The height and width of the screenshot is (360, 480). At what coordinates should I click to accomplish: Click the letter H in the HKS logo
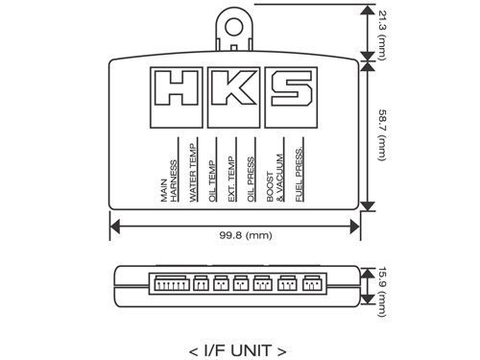[x=176, y=88]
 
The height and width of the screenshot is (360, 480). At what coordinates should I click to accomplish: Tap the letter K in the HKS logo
[x=233, y=88]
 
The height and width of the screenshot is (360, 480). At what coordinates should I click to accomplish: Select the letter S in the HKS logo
[x=292, y=88]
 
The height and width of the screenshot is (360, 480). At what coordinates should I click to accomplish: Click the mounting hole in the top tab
[x=233, y=27]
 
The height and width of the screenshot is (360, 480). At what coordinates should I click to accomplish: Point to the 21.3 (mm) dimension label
[x=383, y=36]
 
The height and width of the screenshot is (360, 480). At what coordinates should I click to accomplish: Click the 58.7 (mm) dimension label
[x=383, y=135]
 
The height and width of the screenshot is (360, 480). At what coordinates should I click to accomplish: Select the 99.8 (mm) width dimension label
[x=246, y=236]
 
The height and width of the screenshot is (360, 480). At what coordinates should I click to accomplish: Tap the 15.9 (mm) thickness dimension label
[x=383, y=292]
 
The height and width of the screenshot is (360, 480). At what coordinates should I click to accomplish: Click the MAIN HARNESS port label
[x=169, y=181]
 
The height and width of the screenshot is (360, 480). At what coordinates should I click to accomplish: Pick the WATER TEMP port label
[x=193, y=173]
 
